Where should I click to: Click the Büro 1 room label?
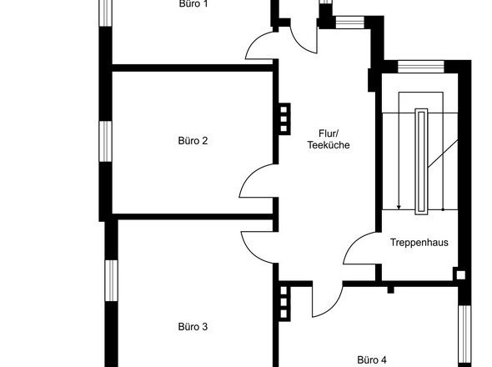pos(193,4)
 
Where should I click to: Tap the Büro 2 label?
pos(193,141)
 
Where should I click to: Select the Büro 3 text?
pos(193,327)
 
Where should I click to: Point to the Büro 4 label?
pos(372,360)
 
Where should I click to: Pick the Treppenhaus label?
pos(419,243)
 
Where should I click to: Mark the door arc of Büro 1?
pos(265,46)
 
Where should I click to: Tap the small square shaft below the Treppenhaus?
pos(459,274)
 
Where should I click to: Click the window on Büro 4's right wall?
pos(464,332)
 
